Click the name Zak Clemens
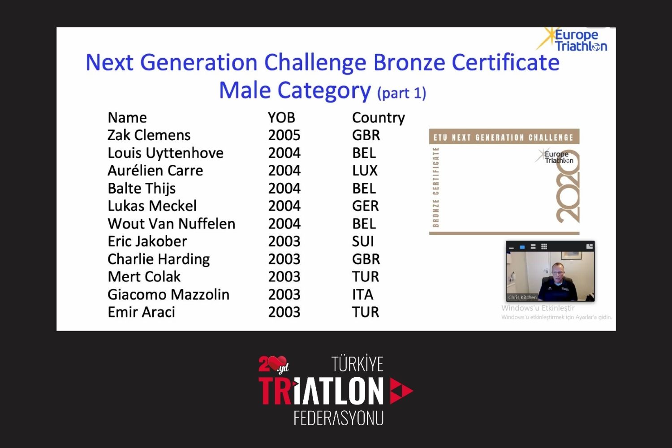[x=149, y=135]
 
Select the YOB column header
[x=281, y=118]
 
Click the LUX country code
[x=365, y=171]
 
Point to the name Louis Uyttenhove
[x=165, y=153]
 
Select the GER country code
[x=366, y=206]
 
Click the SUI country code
[x=363, y=241]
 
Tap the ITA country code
[x=363, y=295]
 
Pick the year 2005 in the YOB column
[x=284, y=135]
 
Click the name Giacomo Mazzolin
[x=168, y=295]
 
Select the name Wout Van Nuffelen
[x=171, y=224]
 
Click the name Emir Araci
[x=141, y=312]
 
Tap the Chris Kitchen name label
[x=522, y=297]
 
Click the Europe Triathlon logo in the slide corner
[x=572, y=40]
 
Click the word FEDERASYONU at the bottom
[x=338, y=418]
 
